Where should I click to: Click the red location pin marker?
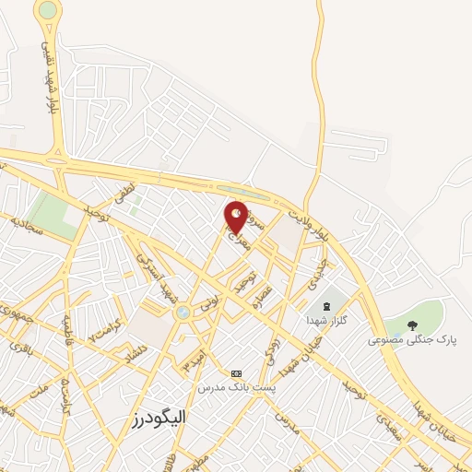coord(237,217)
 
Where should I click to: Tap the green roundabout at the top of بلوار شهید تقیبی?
coord(47,12)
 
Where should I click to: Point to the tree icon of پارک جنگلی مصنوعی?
coord(412,324)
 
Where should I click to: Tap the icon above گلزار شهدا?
coord(324,305)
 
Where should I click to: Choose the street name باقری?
coord(20,348)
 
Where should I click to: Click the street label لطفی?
coord(124,194)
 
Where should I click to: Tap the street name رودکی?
coord(271,349)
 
